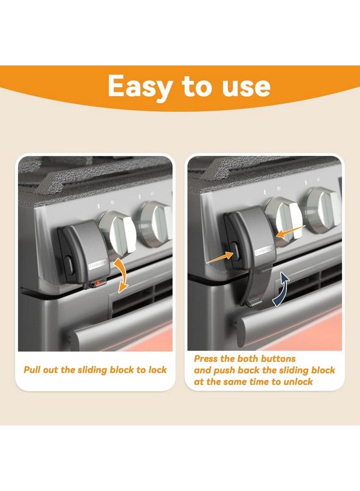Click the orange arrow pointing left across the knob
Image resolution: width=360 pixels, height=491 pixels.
[289, 231]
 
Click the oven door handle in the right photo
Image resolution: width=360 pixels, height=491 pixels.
[289, 316]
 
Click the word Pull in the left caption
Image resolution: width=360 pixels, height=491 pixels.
[33, 370]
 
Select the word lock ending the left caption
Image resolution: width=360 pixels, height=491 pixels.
[157, 370]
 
